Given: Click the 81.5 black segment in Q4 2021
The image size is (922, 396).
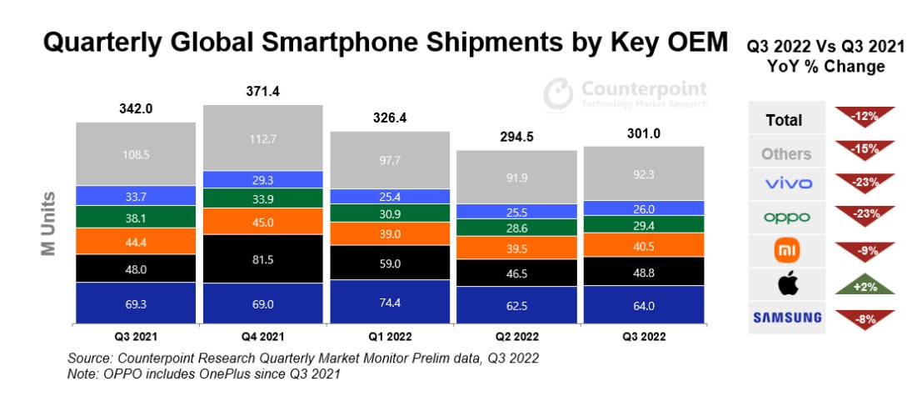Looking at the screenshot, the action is point(263,259).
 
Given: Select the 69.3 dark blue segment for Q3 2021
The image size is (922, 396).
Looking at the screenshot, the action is point(136,303).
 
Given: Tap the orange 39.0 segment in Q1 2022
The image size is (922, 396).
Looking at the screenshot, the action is point(390,233).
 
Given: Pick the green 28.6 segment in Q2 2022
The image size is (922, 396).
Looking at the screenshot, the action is point(517,227).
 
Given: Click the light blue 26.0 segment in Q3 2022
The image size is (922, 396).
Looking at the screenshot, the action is point(644,208).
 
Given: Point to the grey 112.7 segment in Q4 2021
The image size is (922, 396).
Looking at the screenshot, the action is point(263,138).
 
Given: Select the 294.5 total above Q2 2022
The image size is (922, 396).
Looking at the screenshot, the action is point(517,137).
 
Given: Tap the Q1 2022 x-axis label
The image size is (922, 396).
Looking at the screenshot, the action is point(390,337).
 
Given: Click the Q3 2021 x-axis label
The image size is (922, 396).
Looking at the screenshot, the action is point(136,337).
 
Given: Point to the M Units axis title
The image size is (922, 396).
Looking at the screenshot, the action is point(49,223).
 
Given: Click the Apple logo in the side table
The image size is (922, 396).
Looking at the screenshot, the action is point(788,284).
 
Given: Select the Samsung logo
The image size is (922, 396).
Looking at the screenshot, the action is point(787,318).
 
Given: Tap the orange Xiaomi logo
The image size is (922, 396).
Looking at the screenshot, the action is point(787,251).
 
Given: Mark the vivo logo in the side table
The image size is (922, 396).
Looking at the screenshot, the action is point(788,183).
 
